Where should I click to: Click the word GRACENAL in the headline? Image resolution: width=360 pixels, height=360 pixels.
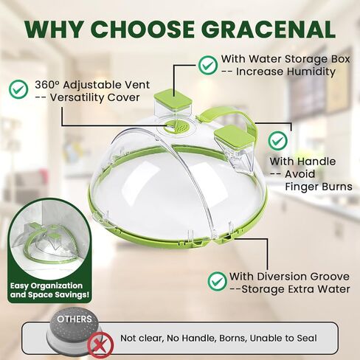(269, 29)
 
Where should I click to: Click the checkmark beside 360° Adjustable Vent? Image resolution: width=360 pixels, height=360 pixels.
(18, 89)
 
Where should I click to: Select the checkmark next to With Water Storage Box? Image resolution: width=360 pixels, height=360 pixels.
(208, 65)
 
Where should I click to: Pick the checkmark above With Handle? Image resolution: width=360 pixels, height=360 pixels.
(278, 140)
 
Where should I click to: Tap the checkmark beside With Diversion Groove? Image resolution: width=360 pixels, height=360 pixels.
(217, 281)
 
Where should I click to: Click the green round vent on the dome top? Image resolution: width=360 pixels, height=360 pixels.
(176, 126)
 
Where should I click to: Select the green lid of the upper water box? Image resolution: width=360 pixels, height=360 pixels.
(173, 97)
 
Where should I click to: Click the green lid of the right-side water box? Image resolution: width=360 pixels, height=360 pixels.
(235, 134)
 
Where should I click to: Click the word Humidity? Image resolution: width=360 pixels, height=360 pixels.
(311, 72)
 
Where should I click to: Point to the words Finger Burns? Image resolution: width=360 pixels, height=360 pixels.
(319, 187)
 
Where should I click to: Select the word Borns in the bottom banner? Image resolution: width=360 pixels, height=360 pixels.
(232, 339)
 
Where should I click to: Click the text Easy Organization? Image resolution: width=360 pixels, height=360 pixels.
(46, 285)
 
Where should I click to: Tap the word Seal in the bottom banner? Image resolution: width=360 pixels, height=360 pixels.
(307, 339)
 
